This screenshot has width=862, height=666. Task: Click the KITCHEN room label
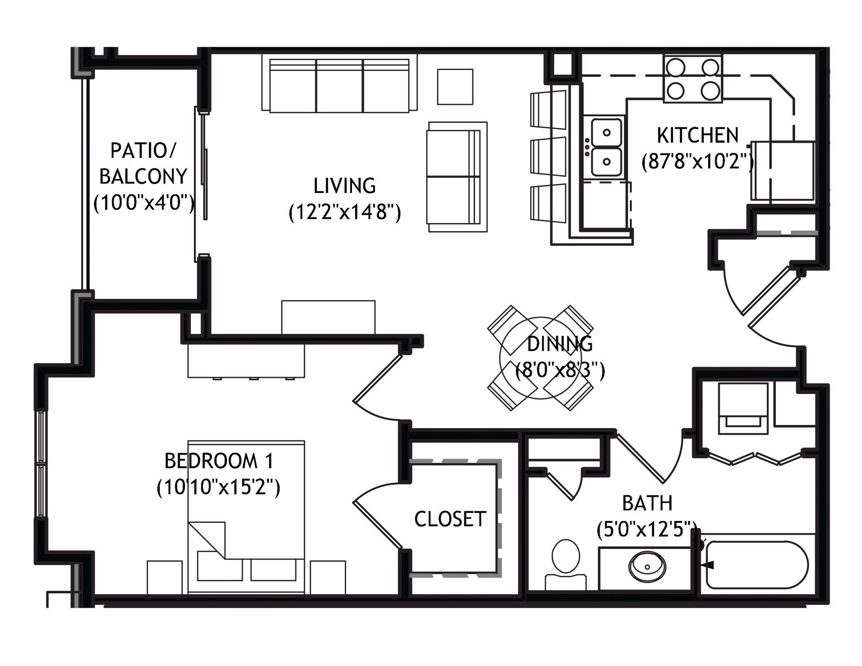pos(698,135)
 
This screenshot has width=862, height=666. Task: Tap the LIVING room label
pos(344,186)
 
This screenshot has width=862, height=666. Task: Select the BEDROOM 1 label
pos(219,461)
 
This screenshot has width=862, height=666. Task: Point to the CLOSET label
pos(450,519)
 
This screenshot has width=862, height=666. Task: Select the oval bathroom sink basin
pos(648,566)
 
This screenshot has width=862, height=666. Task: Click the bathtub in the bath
pos(757,564)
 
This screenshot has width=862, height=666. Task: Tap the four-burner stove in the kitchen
pos(693,79)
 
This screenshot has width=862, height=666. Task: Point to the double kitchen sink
pos(606,147)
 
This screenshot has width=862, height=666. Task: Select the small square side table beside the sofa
pos(455,87)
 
